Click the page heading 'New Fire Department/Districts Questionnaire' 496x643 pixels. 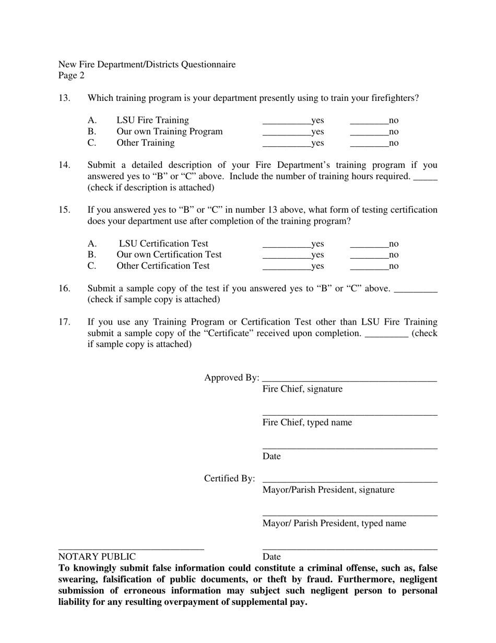[x=147, y=64]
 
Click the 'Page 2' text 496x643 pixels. [x=72, y=75]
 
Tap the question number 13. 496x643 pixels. [x=64, y=98]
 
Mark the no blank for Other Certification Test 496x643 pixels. [x=369, y=268]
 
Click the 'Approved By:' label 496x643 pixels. [x=231, y=377]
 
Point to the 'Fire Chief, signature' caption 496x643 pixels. [x=302, y=389]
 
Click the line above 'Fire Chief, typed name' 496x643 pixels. [x=350, y=415]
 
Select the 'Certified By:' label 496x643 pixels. [x=230, y=478]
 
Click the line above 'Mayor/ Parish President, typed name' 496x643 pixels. [x=350, y=516]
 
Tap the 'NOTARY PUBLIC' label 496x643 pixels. [x=97, y=557]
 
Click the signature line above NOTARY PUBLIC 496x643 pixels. [x=131, y=549]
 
